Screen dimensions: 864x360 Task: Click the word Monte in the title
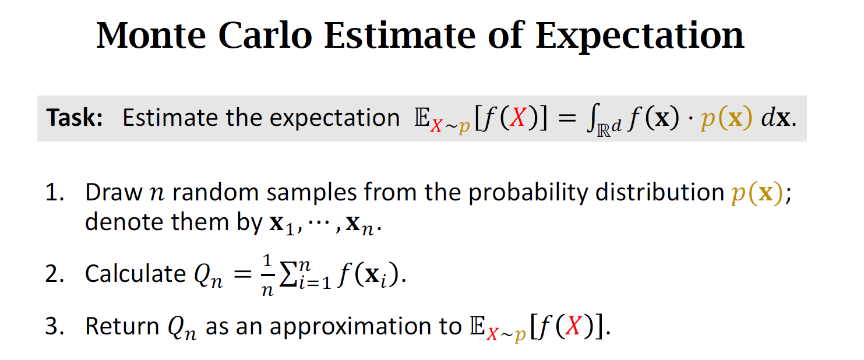tap(151, 36)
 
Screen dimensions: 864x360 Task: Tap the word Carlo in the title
tap(265, 36)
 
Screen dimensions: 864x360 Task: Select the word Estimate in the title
tap(400, 36)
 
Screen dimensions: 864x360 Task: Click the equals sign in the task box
tap(567, 118)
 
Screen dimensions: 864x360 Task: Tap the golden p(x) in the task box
tap(727, 118)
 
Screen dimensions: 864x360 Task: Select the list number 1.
tap(54, 192)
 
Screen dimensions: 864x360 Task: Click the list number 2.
tap(54, 274)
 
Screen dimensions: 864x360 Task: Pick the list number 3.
tap(54, 326)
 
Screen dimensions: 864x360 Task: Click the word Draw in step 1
tap(114, 192)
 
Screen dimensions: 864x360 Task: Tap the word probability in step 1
tap(528, 193)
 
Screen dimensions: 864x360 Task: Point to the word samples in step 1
tap(312, 193)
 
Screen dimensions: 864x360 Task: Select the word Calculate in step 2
tap(135, 274)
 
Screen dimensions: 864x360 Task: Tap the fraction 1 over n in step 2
tap(267, 275)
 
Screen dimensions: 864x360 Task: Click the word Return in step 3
tap(122, 326)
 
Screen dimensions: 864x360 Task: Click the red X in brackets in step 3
tap(573, 326)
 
